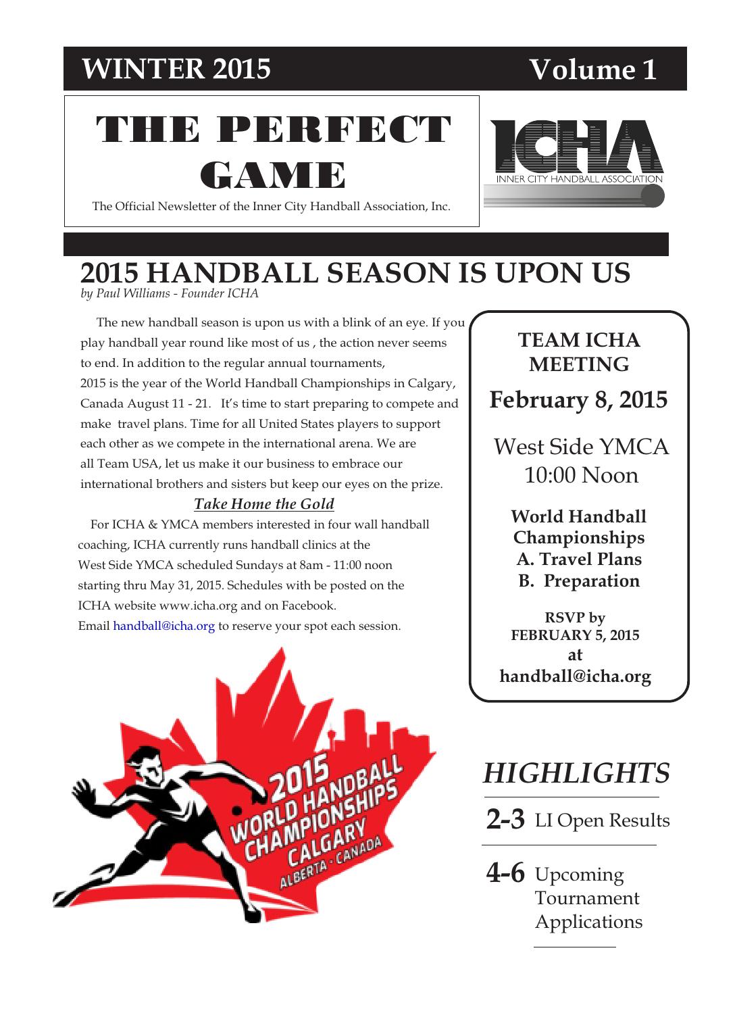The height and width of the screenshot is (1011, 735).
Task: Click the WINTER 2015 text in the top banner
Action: pos(176,68)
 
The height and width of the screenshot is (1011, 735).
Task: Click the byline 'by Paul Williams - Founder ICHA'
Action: pos(169,293)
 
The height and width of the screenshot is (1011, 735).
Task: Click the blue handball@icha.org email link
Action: pos(163,626)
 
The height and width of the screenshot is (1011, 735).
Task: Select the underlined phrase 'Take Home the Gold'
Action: pos(263,504)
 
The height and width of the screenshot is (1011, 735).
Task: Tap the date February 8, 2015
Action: pos(578,399)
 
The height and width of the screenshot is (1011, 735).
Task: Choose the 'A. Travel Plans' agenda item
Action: pos(579,559)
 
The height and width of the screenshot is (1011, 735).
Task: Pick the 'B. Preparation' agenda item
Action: pos(579,581)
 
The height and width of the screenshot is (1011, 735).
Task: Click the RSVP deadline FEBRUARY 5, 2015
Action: pos(575,635)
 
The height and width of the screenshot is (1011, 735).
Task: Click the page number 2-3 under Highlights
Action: pos(505,820)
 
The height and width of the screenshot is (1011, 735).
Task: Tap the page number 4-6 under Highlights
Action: pos(505,873)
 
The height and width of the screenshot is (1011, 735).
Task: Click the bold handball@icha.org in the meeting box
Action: pos(575,676)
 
